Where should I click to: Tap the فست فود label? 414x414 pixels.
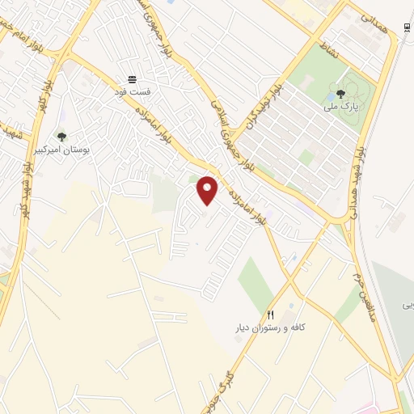(x=130, y=93)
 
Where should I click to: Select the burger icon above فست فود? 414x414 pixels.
(x=130, y=80)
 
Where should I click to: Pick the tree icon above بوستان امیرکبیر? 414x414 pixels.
(x=61, y=137)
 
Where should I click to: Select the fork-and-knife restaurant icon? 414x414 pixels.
(x=271, y=315)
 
